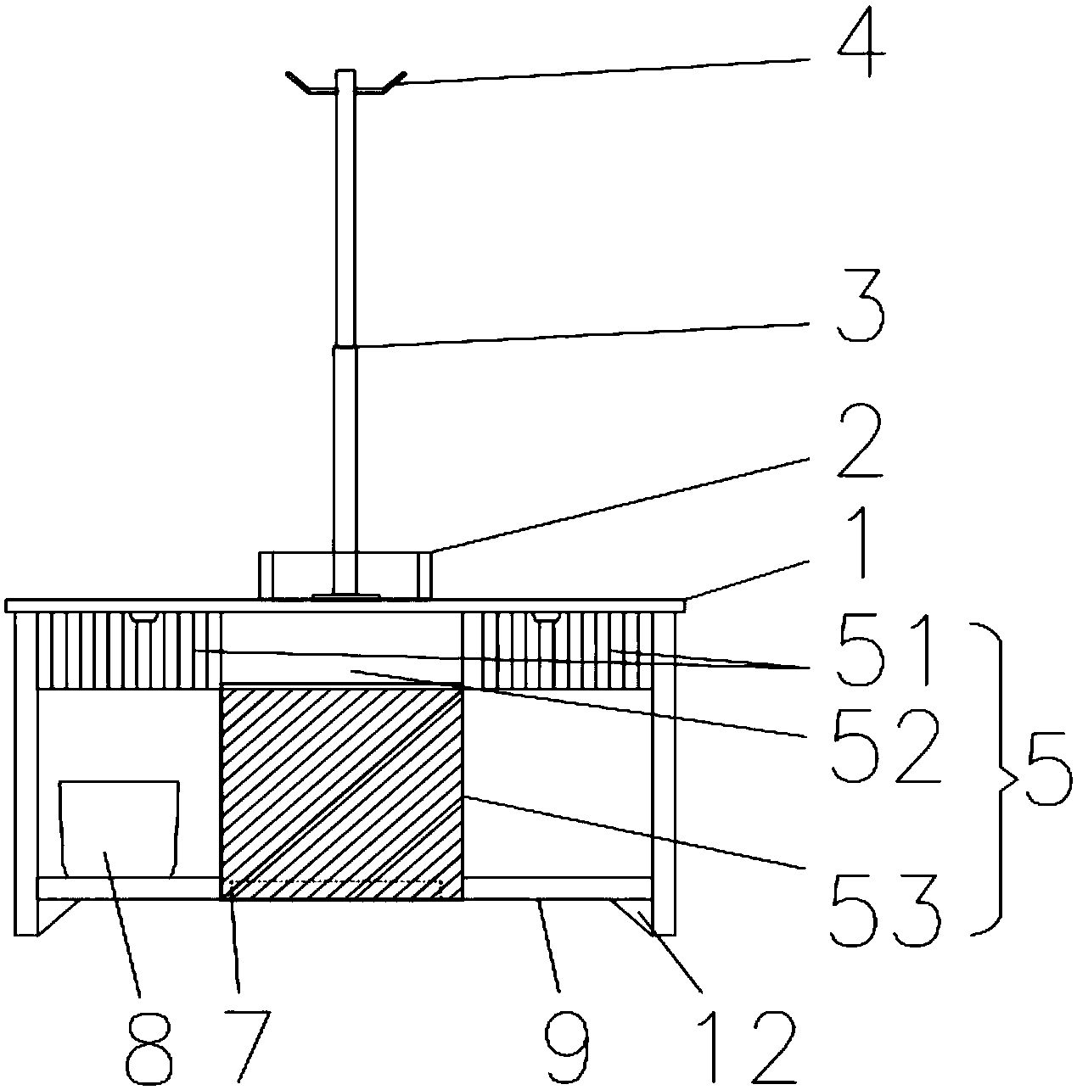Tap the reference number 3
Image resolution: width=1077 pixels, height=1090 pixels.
point(859,314)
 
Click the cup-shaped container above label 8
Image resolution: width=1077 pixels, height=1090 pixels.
point(119,827)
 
